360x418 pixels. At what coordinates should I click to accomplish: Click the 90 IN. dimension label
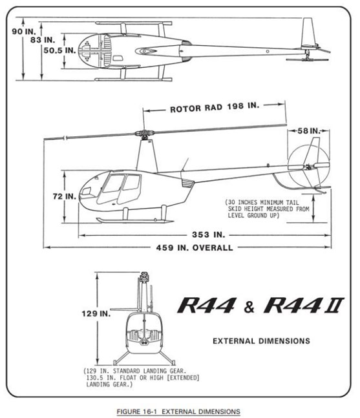(x=24, y=32)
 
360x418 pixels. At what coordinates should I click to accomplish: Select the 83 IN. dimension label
(x=43, y=40)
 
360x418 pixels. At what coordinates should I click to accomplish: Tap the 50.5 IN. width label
(x=59, y=50)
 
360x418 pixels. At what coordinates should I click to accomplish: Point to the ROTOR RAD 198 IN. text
(x=215, y=107)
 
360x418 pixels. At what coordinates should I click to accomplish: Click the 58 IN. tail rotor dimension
(x=309, y=131)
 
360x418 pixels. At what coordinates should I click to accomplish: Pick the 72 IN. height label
(x=65, y=196)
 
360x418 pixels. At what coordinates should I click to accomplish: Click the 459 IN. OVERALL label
(x=195, y=247)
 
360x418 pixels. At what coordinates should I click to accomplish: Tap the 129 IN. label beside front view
(x=96, y=313)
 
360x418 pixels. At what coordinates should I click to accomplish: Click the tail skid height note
(x=267, y=209)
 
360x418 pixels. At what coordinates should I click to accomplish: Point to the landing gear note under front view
(x=142, y=378)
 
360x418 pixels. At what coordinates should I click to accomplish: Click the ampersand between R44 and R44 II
(x=249, y=307)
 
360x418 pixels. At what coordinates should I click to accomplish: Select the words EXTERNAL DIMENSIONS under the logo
(x=261, y=341)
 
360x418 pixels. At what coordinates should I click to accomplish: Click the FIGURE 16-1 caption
(x=178, y=412)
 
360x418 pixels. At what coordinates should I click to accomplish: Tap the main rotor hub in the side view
(x=144, y=134)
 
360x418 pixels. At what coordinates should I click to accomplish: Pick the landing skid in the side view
(x=135, y=220)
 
